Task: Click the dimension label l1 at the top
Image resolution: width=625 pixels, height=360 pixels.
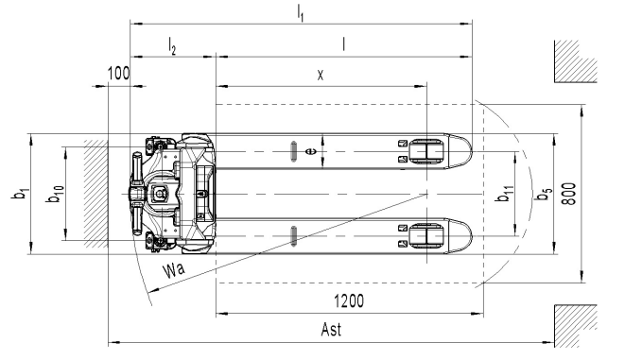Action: coord(301,13)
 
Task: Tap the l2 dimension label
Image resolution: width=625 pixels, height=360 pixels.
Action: coord(172,45)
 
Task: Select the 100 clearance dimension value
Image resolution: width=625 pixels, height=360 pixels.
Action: coord(118,74)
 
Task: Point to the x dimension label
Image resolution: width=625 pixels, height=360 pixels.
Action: coord(321,75)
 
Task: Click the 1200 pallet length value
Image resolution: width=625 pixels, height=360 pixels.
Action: coord(349,301)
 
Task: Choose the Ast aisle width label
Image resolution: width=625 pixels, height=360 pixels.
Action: coord(331,330)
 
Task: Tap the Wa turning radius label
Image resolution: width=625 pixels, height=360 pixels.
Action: coord(174,269)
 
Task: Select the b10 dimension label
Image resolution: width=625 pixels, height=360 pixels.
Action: coord(55,194)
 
